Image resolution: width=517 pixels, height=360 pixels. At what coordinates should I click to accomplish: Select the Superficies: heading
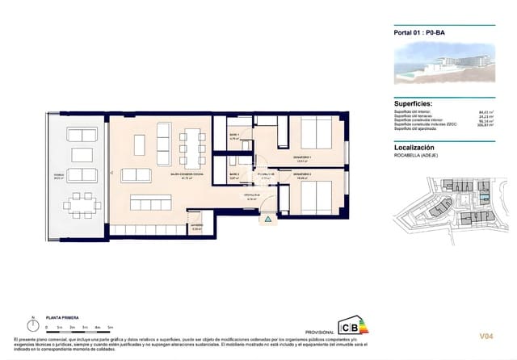click(x=418, y=104)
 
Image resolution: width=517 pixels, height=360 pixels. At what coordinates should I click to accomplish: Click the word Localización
click(x=414, y=148)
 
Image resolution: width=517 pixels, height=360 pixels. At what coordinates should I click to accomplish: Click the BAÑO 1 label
click(x=233, y=135)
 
